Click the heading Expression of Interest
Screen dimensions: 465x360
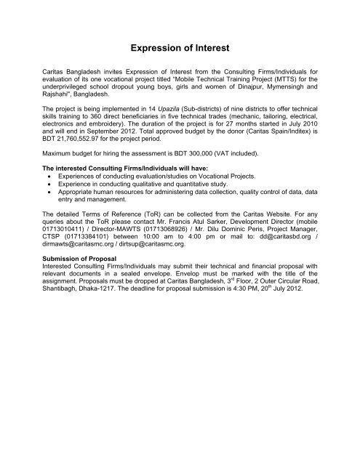(x=180, y=48)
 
